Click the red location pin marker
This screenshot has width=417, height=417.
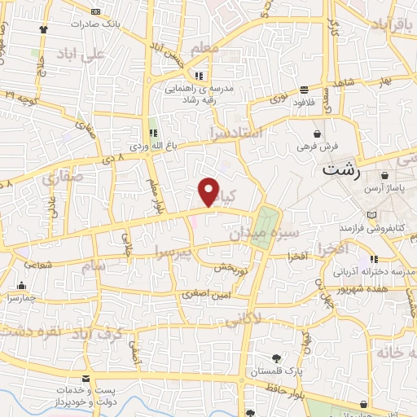(208, 191)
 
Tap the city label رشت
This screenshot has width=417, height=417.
(340, 170)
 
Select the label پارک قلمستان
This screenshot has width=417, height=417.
(276, 371)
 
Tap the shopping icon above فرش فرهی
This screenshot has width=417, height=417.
(316, 134)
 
